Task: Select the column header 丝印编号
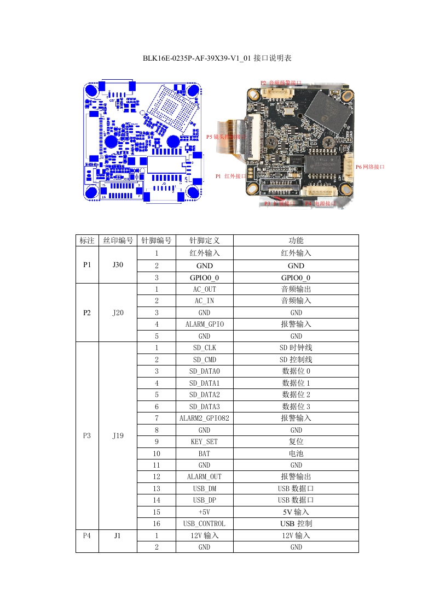[x=118, y=240]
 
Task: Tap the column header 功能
[x=296, y=240]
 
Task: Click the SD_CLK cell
[x=204, y=347]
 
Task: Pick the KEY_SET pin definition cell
[x=204, y=441]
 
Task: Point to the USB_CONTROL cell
[x=204, y=523]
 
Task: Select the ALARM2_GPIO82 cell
[x=204, y=418]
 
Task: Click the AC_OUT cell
[x=204, y=289]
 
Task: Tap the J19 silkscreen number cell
[x=118, y=435]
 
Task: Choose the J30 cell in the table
[x=118, y=265]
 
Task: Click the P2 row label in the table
[x=87, y=313]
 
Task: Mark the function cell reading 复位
[x=296, y=441]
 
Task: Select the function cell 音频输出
[x=296, y=289]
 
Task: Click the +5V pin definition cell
[x=204, y=512]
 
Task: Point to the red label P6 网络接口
[x=370, y=167]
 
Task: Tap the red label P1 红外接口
[x=230, y=176]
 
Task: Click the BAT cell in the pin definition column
[x=204, y=453]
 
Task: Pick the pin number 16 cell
[x=157, y=523]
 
